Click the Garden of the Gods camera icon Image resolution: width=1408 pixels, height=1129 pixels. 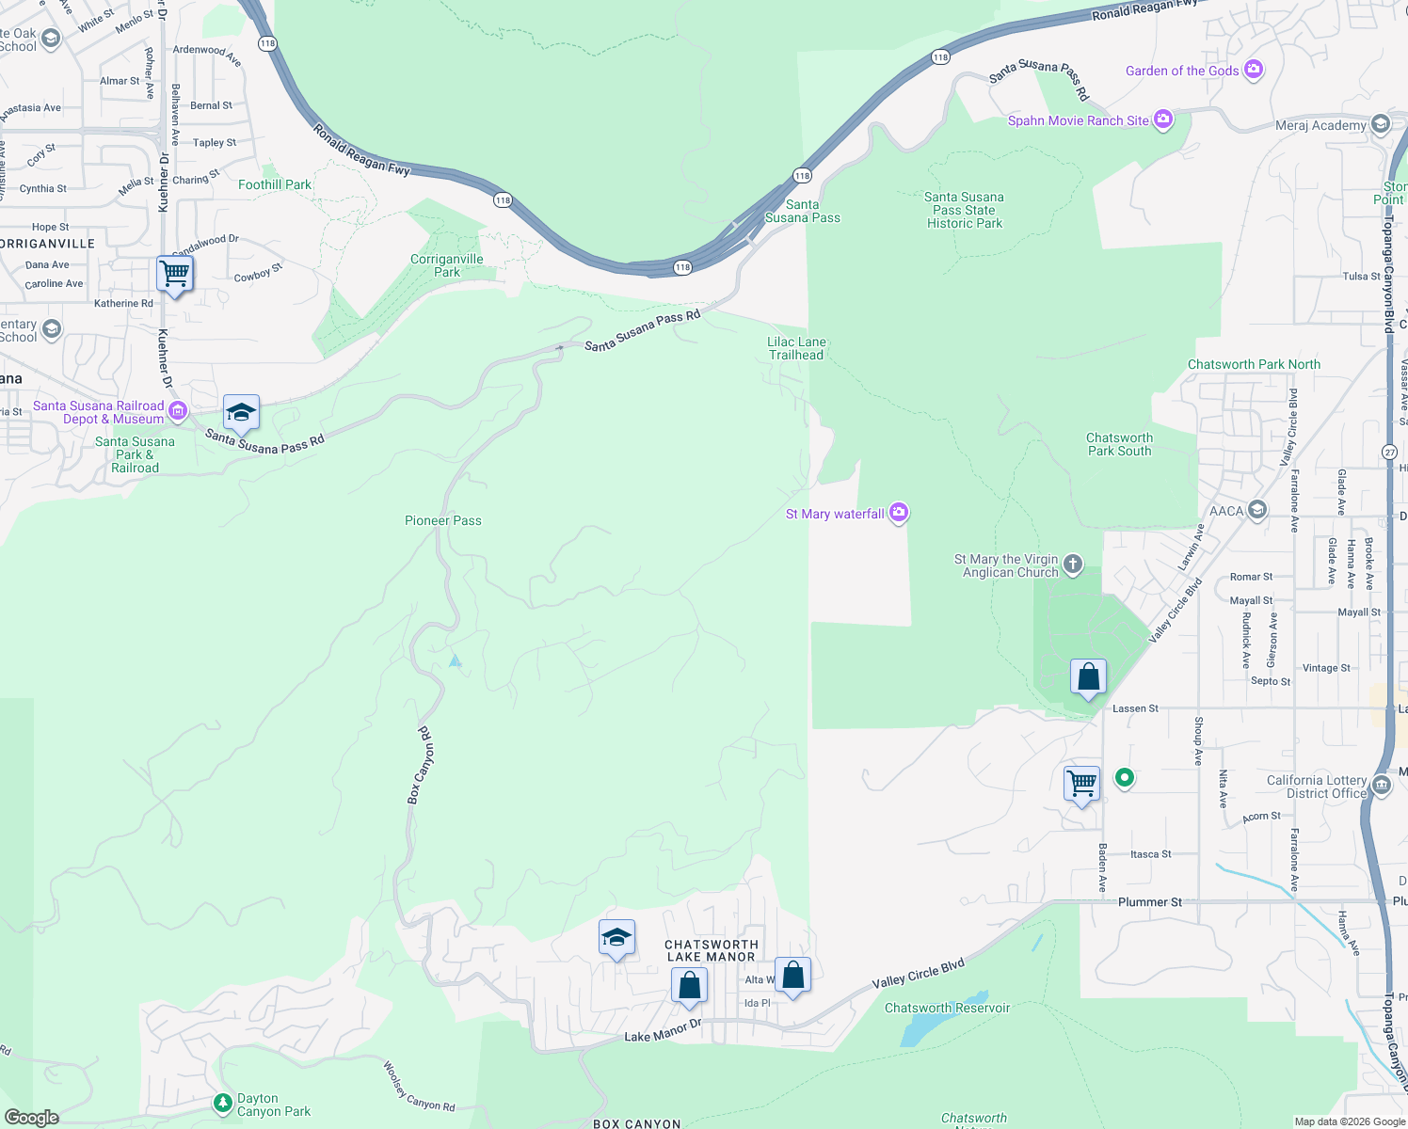click(1253, 70)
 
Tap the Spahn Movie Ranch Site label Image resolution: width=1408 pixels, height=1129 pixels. click(1078, 120)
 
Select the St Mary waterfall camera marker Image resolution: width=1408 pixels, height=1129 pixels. click(899, 513)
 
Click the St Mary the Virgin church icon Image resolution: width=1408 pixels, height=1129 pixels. click(1073, 564)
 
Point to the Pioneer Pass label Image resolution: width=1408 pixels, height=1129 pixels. click(442, 520)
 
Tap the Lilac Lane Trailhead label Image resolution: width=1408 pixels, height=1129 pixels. click(796, 348)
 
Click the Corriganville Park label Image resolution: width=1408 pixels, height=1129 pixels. click(447, 265)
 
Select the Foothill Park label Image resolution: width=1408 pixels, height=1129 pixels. click(274, 184)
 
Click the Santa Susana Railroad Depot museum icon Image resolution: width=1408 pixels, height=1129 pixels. click(178, 411)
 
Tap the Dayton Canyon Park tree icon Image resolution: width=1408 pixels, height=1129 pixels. click(223, 1102)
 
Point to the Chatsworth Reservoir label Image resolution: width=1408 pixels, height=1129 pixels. click(947, 1008)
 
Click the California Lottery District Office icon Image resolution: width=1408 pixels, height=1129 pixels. click(1381, 785)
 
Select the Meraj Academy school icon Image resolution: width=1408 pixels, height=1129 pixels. click(1381, 124)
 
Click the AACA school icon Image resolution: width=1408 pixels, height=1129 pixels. click(1257, 511)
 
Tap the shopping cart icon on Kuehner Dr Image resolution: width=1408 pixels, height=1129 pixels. click(175, 275)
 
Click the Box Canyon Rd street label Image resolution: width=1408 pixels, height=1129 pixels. click(420, 765)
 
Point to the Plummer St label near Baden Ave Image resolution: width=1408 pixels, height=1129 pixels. click(1149, 902)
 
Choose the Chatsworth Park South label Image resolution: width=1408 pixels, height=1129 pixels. click(1119, 444)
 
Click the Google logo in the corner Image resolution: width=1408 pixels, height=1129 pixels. click(31, 1117)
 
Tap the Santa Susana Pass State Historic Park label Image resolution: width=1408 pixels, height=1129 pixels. click(965, 210)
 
